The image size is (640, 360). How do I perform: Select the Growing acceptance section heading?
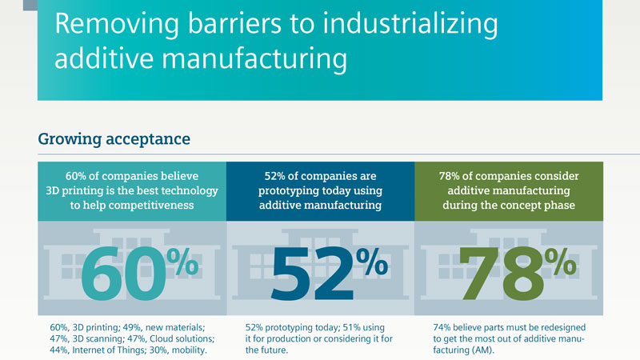coord(114,139)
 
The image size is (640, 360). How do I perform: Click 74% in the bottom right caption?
coord(442,326)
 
